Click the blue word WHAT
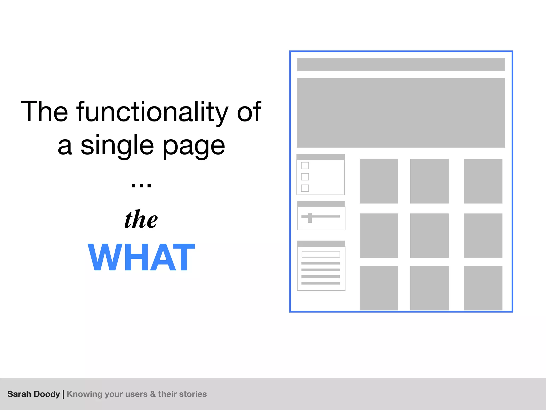tap(141, 257)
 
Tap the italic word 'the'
tap(141, 219)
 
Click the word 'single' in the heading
tap(117, 145)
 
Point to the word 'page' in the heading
tap(194, 146)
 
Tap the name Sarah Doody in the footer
tap(34, 394)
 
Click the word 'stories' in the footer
tap(194, 394)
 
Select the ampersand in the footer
tap(153, 394)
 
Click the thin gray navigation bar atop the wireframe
tap(401, 65)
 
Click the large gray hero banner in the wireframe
tap(401, 113)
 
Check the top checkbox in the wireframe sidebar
tap(305, 165)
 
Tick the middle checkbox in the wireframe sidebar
tap(305, 177)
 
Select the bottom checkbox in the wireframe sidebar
tap(305, 188)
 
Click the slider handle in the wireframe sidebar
tap(310, 218)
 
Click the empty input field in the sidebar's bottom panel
tap(321, 254)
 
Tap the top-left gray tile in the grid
tap(379, 181)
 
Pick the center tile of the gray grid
tap(429, 235)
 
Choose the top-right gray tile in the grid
tap(483, 181)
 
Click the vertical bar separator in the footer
tap(63, 394)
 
